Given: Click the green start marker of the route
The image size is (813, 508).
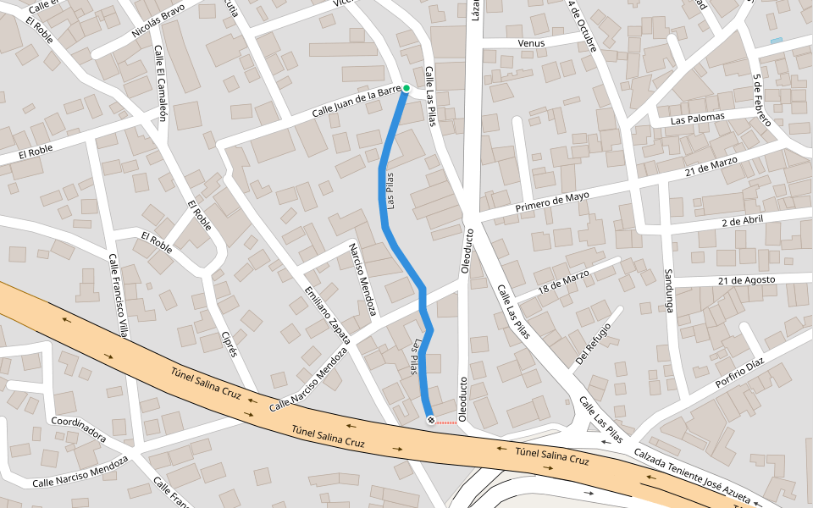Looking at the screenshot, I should click(406, 88).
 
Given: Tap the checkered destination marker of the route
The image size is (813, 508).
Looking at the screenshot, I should click(430, 420).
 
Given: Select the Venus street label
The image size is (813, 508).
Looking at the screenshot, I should click(545, 41).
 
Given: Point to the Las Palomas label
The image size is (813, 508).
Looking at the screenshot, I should click(698, 119).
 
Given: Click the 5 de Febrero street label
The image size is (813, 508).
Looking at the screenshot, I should click(761, 101).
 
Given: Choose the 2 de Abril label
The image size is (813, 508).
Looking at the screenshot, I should click(744, 222).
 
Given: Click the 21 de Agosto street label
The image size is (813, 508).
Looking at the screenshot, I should click(746, 279).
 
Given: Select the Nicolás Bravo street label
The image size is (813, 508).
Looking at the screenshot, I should click(158, 22).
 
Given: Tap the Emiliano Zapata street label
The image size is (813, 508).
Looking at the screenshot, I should click(327, 314).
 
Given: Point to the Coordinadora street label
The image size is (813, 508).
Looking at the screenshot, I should click(78, 429).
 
